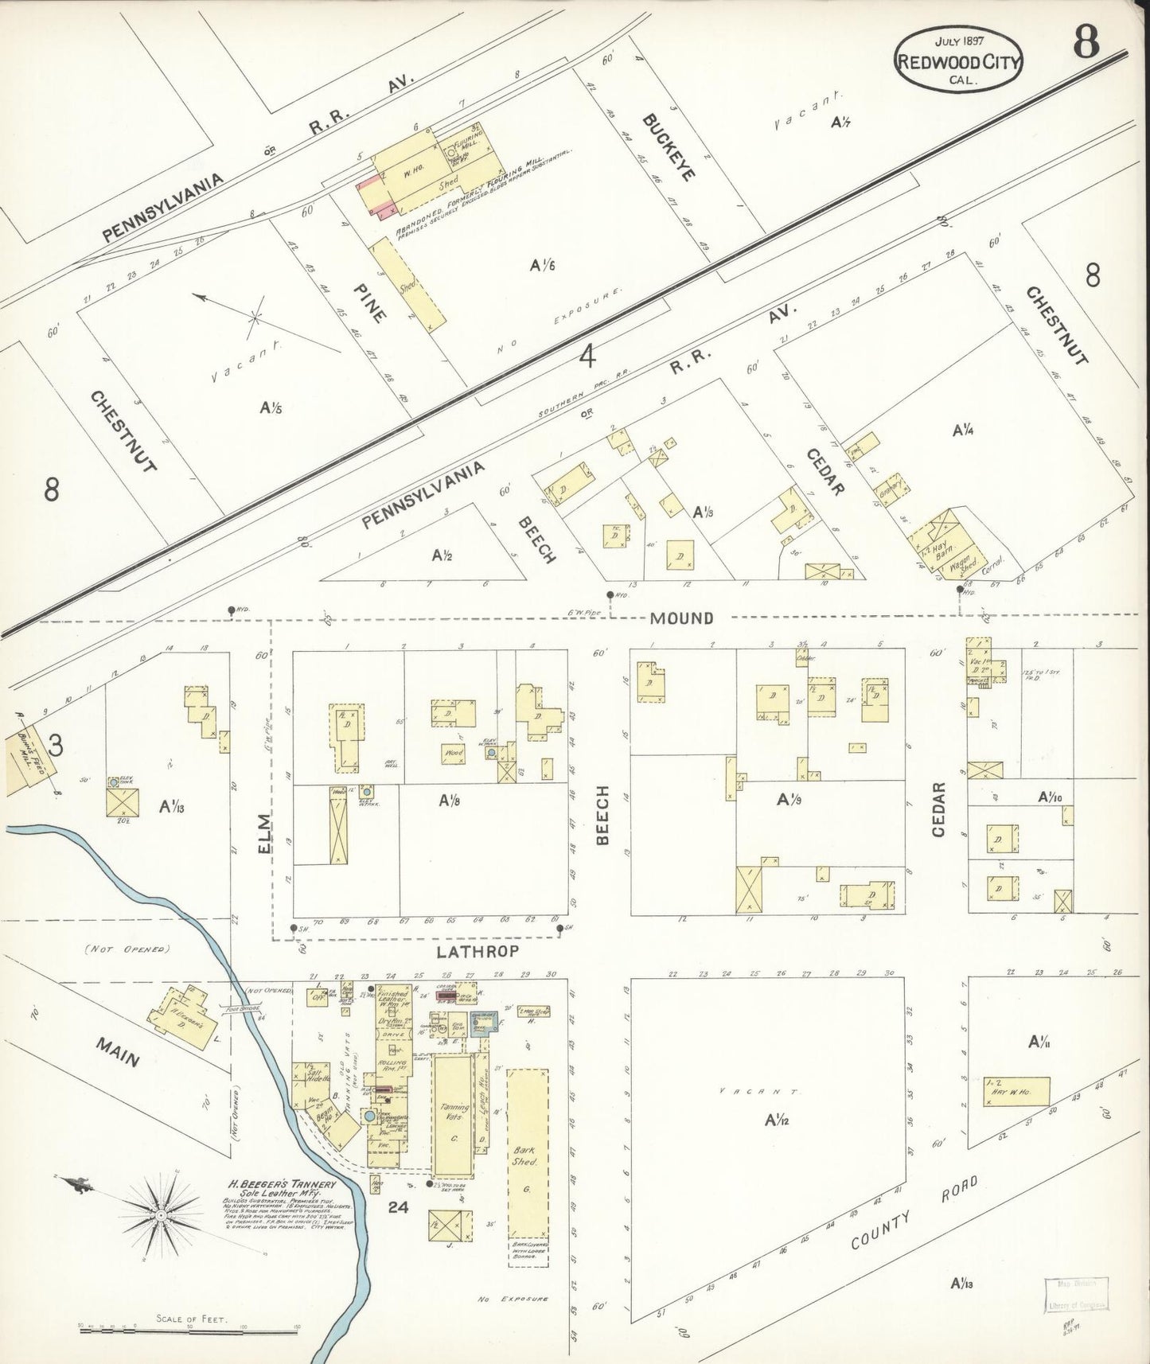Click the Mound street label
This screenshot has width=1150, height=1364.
point(680,618)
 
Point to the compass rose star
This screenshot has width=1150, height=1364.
point(161,1215)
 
